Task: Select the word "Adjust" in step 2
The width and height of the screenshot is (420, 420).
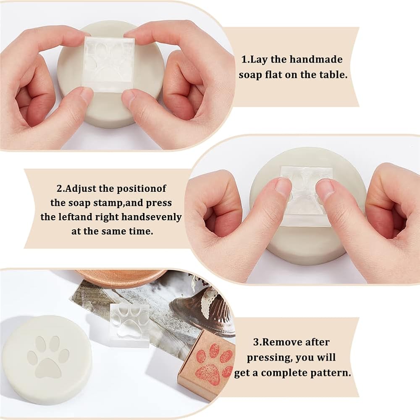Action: coord(81,189)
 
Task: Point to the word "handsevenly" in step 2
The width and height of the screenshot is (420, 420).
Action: coord(151,217)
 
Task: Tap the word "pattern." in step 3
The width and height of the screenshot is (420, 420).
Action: coord(330,373)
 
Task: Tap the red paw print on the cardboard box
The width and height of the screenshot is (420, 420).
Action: coord(213,363)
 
